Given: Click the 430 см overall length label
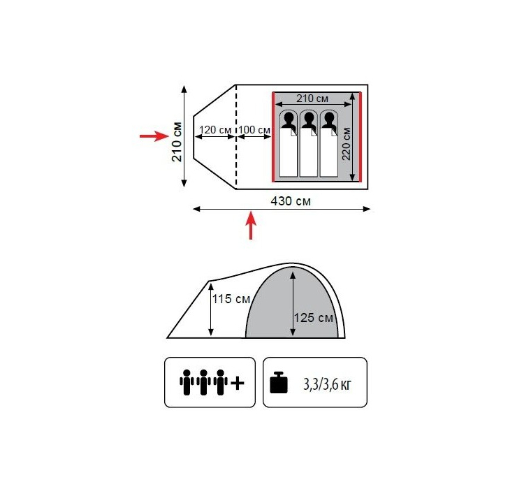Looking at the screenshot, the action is pyautogui.click(x=291, y=201).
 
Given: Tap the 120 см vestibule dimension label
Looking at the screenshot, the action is pyautogui.click(x=215, y=130).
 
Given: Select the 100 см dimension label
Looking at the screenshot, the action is pyautogui.click(x=254, y=130).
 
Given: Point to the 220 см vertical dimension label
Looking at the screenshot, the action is pyautogui.click(x=347, y=144).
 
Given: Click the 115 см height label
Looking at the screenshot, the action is pyautogui.click(x=231, y=299).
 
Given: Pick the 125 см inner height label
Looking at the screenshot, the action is pyautogui.click(x=314, y=318).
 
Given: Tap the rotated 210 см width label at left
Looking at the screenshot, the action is pyautogui.click(x=177, y=142).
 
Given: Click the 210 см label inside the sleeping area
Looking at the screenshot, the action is pyautogui.click(x=312, y=98).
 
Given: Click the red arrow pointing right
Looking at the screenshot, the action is pyautogui.click(x=154, y=136).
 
